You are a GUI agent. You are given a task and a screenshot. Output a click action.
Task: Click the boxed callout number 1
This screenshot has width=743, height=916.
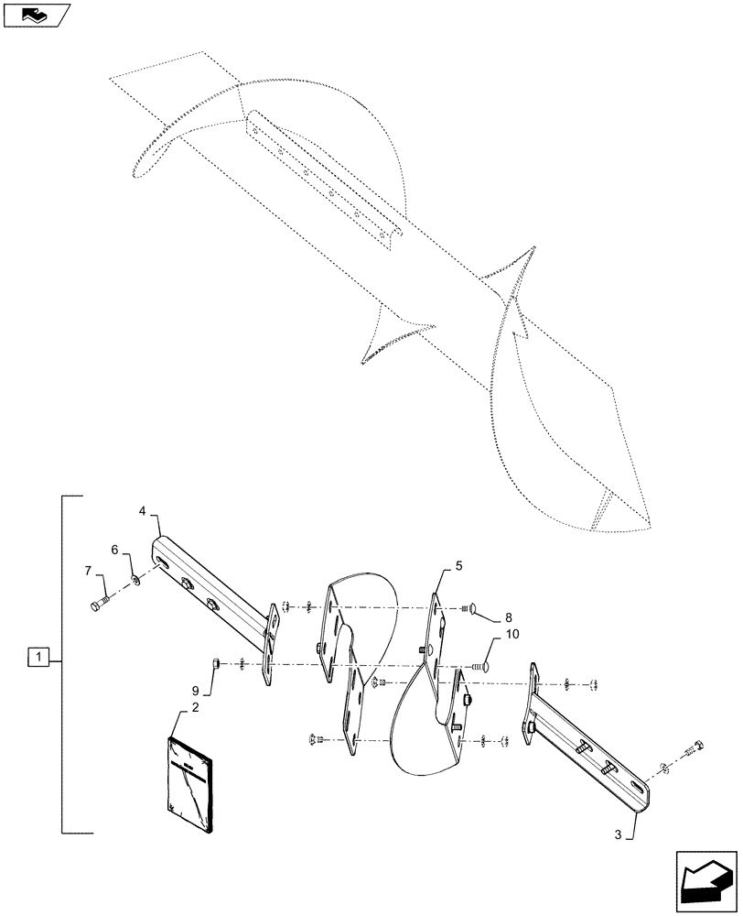pyautogui.click(x=38, y=656)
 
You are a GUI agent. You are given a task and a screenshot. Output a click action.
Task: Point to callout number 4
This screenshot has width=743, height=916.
pyautogui.click(x=144, y=509)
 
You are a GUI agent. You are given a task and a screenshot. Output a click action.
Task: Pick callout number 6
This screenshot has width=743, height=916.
pyautogui.click(x=115, y=550)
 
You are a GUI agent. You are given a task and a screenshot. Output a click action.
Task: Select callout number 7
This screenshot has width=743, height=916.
pyautogui.click(x=89, y=572)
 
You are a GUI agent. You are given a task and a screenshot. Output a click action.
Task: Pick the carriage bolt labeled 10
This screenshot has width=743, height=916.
pyautogui.click(x=482, y=667)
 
